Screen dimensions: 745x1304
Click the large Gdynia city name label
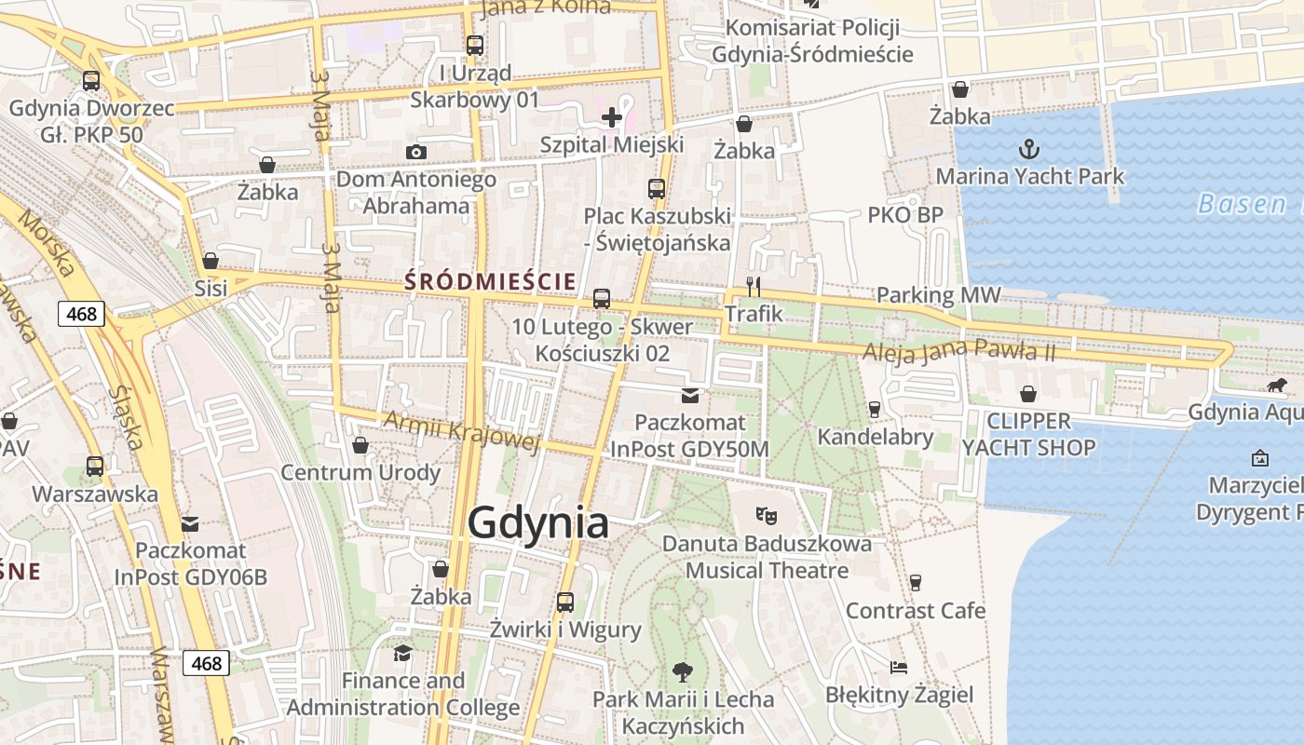click(x=538, y=523)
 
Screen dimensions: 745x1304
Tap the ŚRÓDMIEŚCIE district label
click(x=490, y=280)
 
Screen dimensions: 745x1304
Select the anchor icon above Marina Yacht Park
click(x=1028, y=149)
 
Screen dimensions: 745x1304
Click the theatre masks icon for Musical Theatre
click(x=767, y=514)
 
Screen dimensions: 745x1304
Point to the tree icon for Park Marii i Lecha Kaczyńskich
click(x=683, y=670)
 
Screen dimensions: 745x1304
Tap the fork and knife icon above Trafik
click(x=754, y=286)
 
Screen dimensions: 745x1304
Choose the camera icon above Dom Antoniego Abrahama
click(x=415, y=152)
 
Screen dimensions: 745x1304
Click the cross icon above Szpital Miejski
click(x=612, y=117)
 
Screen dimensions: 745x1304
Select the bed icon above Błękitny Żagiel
click(x=899, y=667)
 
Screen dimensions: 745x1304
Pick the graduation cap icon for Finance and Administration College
click(x=402, y=653)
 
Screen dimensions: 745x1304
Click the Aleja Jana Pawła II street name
click(x=958, y=351)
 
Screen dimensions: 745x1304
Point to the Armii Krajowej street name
click(x=462, y=430)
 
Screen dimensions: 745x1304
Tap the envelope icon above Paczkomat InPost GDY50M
click(x=689, y=396)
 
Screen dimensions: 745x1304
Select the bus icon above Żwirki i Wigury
click(x=564, y=602)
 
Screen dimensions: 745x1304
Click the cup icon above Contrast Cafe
click(x=916, y=583)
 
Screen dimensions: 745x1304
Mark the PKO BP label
click(x=905, y=215)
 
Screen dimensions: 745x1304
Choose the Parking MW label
click(x=938, y=296)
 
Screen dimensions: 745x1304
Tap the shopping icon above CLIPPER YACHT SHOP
click(x=1028, y=394)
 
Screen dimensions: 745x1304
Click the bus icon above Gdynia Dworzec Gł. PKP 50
click(x=90, y=81)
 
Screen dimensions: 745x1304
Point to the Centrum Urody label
click(x=360, y=472)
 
